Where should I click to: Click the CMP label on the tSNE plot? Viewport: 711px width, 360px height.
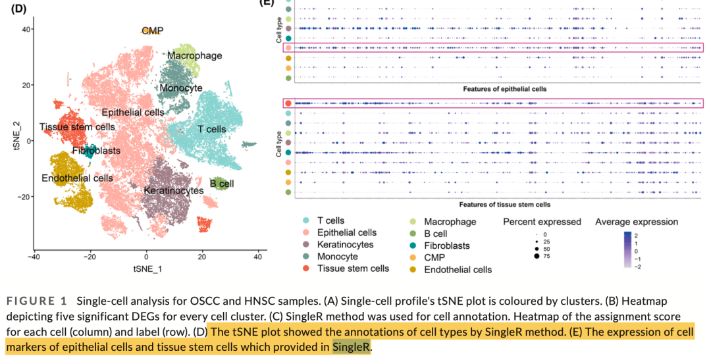pyautogui.click(x=153, y=31)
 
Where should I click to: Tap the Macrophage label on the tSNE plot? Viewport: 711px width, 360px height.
pyautogui.click(x=194, y=56)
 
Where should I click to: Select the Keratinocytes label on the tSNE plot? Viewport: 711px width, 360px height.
pyautogui.click(x=174, y=190)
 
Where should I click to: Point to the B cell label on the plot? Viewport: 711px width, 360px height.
pyautogui.click(x=222, y=184)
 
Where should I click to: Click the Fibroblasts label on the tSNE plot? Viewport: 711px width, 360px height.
pyautogui.click(x=96, y=151)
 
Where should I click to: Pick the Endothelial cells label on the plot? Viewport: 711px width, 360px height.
pyautogui.click(x=77, y=178)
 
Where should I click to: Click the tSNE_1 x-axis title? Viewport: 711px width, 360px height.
pyautogui.click(x=147, y=269)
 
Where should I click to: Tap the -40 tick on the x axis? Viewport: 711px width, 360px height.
pyautogui.click(x=34, y=257)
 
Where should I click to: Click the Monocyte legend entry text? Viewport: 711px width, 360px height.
pyautogui.click(x=337, y=257)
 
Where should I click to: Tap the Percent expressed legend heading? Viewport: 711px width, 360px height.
pyautogui.click(x=542, y=222)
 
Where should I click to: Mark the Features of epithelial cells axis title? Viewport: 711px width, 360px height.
pyautogui.click(x=505, y=89)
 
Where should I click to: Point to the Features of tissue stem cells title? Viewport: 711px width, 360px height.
pyautogui.click(x=504, y=205)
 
